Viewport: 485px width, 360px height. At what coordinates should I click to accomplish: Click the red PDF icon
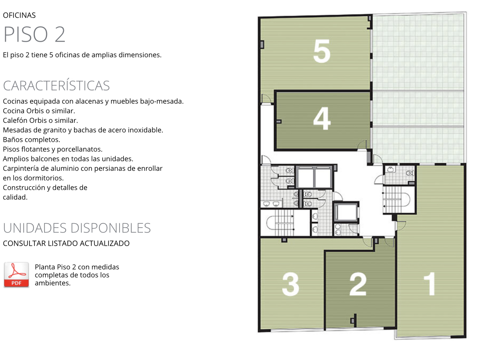point(16,275)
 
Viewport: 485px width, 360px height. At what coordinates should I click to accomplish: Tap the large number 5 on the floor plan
point(322,51)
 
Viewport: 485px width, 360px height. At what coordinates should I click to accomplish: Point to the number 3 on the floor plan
point(290,284)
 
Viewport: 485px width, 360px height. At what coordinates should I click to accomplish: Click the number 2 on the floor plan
point(358,284)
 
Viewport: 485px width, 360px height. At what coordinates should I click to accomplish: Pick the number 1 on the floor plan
point(429,284)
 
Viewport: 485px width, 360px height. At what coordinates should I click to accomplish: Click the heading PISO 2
point(34,34)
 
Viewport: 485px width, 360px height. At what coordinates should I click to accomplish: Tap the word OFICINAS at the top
point(19,15)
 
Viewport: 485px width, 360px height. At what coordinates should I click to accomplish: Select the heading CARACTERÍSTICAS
point(56,86)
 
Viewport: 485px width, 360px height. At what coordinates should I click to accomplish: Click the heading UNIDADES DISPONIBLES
point(77,228)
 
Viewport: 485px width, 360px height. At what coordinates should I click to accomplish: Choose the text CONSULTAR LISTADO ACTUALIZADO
point(66,244)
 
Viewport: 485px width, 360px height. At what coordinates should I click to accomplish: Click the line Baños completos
point(32,140)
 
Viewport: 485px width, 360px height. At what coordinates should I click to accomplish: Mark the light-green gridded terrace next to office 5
point(418,88)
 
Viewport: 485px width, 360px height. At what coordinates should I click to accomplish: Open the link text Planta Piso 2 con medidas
point(77,267)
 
